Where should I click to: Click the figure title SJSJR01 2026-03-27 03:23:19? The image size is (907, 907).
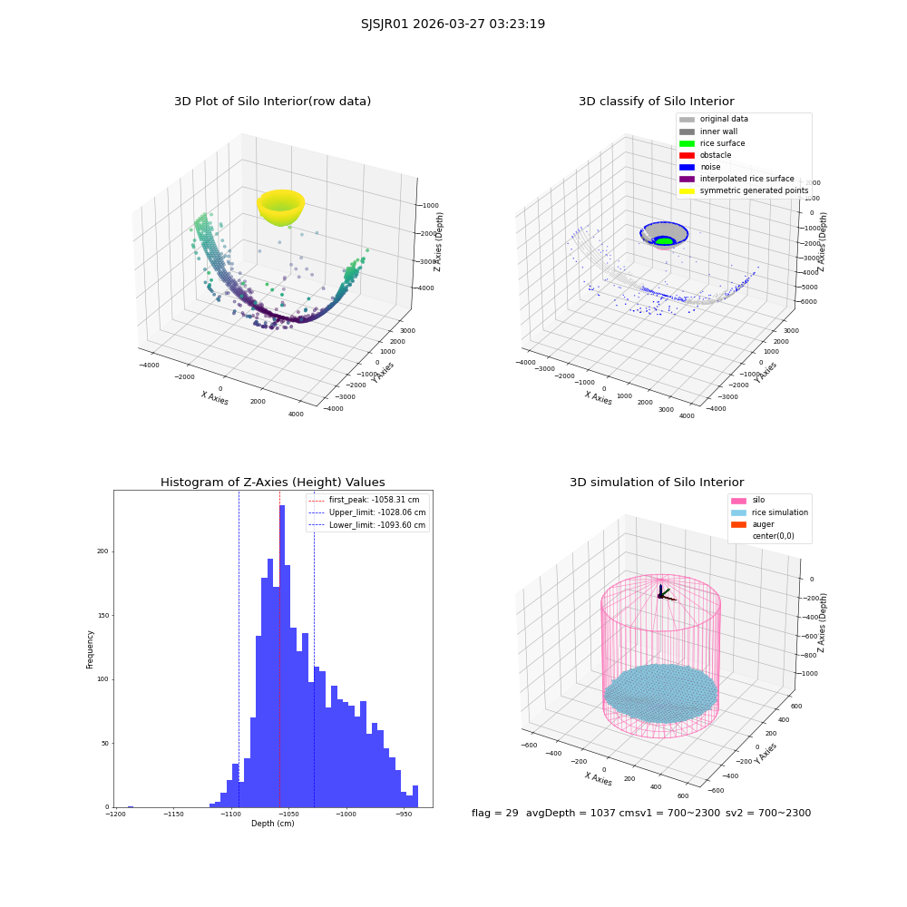[x=453, y=24]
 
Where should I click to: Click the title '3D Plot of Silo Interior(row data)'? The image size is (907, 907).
[x=272, y=102]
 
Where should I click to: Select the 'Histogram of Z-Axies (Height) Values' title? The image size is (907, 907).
[x=272, y=482]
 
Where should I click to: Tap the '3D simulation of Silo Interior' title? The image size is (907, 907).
[x=657, y=482]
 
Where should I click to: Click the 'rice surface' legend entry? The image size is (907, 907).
[x=712, y=143]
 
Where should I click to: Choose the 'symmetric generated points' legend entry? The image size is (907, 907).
[x=744, y=190]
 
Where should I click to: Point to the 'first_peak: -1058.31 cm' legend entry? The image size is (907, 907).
[x=365, y=500]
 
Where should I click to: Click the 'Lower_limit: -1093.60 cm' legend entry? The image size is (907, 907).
[x=367, y=525]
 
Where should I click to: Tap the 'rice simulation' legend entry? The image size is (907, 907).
[x=769, y=512]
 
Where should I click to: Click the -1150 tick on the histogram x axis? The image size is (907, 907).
[x=173, y=814]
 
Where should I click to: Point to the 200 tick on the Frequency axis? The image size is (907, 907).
[x=103, y=551]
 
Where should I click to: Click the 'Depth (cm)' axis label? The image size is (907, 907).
[x=272, y=824]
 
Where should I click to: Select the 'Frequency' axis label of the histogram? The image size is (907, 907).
[x=90, y=649]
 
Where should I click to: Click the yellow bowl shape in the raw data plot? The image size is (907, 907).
[x=280, y=207]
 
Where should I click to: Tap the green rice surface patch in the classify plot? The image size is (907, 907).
[x=665, y=240]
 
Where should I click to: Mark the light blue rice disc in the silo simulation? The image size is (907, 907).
[x=660, y=694]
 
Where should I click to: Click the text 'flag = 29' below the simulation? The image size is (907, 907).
[x=495, y=813]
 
